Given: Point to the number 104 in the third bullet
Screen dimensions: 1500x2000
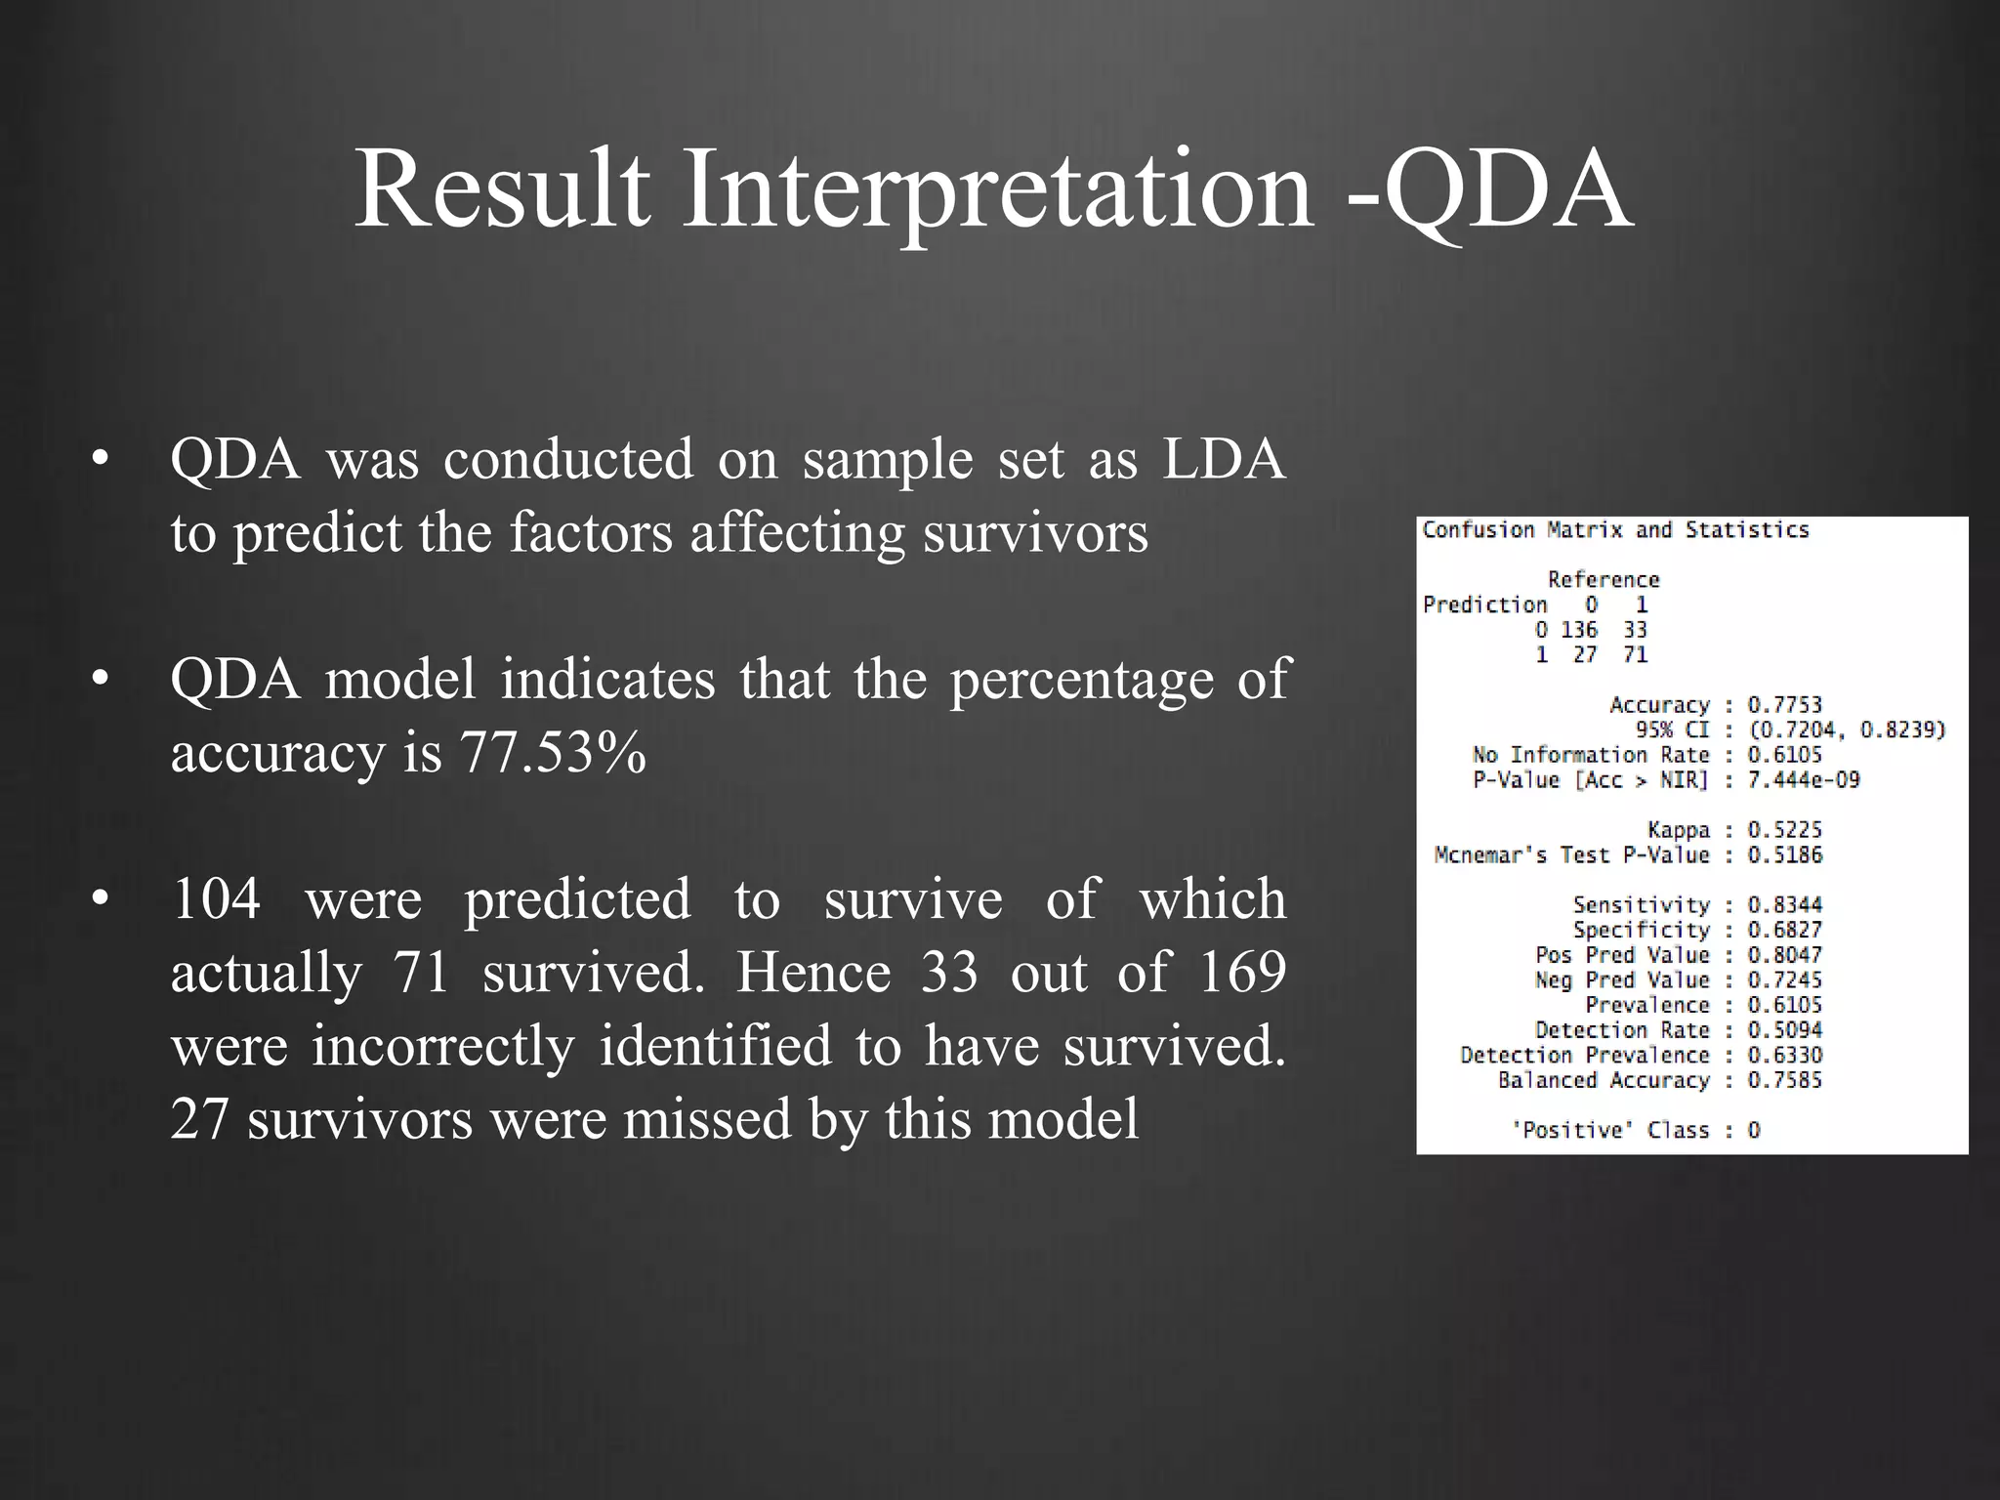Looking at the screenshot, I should coord(216,898).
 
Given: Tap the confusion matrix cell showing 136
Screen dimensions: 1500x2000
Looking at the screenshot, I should coord(1578,630).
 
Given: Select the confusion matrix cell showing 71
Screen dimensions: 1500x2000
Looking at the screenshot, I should coord(1635,655).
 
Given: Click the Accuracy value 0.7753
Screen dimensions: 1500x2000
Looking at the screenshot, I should coord(1784,705).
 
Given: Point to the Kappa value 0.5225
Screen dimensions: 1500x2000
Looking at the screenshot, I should coord(1784,830).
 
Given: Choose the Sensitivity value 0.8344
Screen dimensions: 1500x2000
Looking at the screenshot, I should coord(1784,905).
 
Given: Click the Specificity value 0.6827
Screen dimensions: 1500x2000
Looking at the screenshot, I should coord(1784,931).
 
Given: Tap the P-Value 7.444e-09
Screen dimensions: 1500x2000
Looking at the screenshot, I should coord(1804,780).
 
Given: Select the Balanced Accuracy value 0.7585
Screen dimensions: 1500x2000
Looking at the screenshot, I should coord(1784,1080).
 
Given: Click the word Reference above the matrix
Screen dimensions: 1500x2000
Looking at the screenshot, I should coord(1604,580).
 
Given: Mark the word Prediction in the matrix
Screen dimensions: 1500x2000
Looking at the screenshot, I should coord(1484,605).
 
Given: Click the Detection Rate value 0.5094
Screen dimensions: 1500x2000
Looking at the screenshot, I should coord(1784,1030).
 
